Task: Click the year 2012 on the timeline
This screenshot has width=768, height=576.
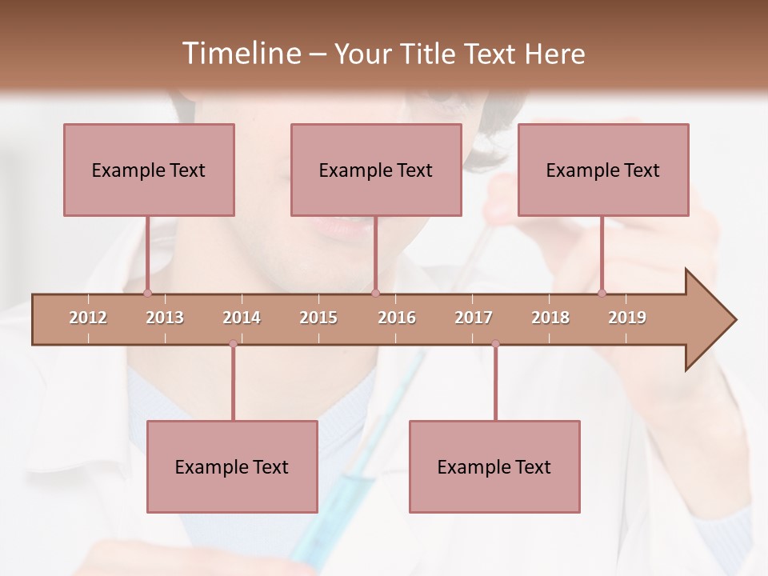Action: click(x=88, y=318)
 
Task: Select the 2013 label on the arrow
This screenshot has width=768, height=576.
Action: click(x=165, y=318)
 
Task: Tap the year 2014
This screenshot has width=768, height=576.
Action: click(x=242, y=318)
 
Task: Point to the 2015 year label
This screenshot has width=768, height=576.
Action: click(x=318, y=318)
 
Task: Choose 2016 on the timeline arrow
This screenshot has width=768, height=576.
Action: click(x=397, y=318)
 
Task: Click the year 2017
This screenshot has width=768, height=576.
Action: click(x=474, y=318)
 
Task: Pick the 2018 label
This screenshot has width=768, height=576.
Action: click(x=550, y=318)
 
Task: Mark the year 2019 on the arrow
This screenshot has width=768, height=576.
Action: click(x=627, y=318)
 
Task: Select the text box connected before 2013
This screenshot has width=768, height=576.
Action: click(x=149, y=170)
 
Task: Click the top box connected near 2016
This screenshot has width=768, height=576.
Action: click(x=376, y=170)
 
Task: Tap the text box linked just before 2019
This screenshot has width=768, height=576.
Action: click(x=603, y=170)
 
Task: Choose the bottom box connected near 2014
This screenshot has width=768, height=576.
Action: click(x=232, y=466)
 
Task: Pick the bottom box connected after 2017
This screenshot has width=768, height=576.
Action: click(x=494, y=466)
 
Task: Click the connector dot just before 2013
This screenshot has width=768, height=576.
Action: click(x=147, y=293)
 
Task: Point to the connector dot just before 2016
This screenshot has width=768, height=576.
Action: click(x=375, y=293)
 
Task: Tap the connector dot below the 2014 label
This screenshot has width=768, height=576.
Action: click(x=233, y=344)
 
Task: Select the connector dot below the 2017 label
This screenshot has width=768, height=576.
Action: click(x=495, y=344)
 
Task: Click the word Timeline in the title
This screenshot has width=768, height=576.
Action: click(x=240, y=54)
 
